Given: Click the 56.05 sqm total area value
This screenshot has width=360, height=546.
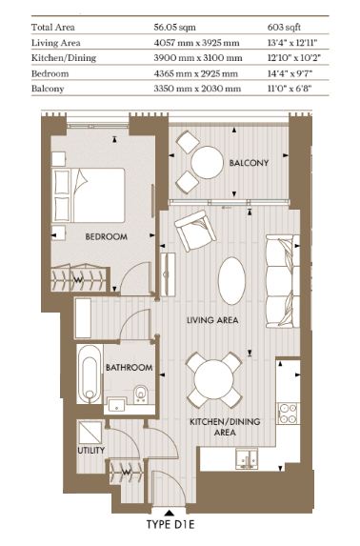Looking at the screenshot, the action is coord(175,28).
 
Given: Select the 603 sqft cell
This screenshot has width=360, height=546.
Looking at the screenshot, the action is coord(284,28).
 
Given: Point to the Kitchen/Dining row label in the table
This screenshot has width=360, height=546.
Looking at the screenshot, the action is coord(64,58).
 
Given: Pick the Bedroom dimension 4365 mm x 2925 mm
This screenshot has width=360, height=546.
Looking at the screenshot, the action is coord(195,73).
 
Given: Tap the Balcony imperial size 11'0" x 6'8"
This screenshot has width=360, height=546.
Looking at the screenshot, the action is coord(290,89).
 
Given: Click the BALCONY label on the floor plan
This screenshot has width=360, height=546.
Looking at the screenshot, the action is coord(249,163).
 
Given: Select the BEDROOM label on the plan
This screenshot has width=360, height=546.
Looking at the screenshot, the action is coord(106,236).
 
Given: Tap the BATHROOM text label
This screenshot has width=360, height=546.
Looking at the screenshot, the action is coord(130,368).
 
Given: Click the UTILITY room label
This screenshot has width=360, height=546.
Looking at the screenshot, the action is coord(90,451).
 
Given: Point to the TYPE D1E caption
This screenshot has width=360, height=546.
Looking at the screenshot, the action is coord(170,524).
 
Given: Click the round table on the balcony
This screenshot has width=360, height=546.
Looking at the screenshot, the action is coord(208,162).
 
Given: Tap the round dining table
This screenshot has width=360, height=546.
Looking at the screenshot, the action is coord(213,379).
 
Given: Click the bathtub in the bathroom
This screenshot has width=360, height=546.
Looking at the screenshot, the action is coord(90,374).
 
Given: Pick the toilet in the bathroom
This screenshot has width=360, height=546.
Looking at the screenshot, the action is coord(141,394).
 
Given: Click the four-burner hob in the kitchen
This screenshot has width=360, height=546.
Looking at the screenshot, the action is coord(288,414).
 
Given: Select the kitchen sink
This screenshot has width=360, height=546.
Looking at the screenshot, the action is coord(247,459).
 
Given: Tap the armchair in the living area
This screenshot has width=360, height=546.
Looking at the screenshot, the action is coord(195,231).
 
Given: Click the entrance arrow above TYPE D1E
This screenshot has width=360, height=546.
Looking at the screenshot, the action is coord(170,513).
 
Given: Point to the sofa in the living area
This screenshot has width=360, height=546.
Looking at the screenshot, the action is coord(282,281).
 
